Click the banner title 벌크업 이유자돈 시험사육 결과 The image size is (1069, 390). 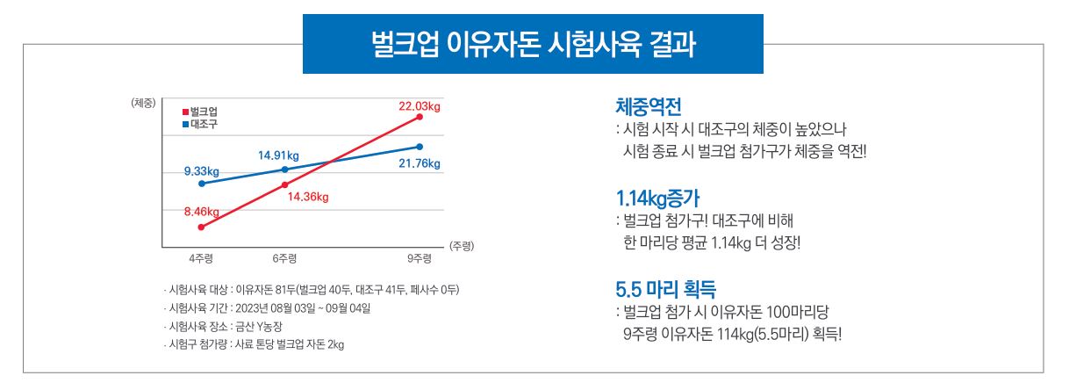[x=533, y=44]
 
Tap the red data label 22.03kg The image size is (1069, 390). [x=419, y=105]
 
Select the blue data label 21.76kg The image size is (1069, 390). [x=419, y=163]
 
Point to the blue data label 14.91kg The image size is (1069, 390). [x=278, y=155]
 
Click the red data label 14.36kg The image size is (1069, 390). [x=307, y=197]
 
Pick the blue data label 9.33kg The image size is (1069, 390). [x=201, y=170]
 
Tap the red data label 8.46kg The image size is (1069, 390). [x=201, y=212]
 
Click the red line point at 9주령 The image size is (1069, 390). [x=420, y=117]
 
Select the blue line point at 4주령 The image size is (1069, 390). [x=202, y=184]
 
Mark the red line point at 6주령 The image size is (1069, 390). [x=284, y=184]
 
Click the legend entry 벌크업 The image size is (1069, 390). [x=202, y=112]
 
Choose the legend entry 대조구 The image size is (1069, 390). [x=202, y=124]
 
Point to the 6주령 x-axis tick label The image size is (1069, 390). [x=284, y=258]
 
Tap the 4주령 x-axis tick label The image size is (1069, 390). [x=201, y=258]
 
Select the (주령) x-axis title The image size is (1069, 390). [x=461, y=247]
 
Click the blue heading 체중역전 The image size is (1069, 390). [x=649, y=108]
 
